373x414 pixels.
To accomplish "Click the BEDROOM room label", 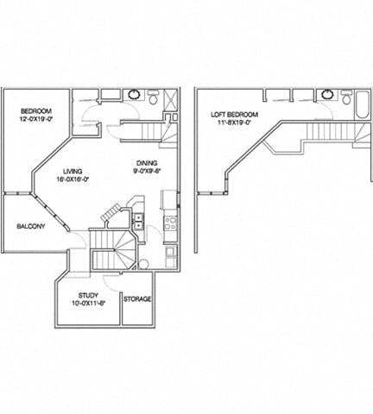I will point(37,111).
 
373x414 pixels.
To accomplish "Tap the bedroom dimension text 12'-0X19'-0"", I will point(37,121).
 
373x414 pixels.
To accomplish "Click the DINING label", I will point(146,162).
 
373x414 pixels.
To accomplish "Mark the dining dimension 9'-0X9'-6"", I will point(146,171).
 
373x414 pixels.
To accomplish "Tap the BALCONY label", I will point(31,227).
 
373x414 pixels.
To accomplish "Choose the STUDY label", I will point(88,294).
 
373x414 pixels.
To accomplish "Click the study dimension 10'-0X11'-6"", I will point(88,304).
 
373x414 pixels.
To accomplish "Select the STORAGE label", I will point(137,298).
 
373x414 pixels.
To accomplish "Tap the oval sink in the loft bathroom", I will point(328,94).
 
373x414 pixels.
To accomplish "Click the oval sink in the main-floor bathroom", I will point(135,94).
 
